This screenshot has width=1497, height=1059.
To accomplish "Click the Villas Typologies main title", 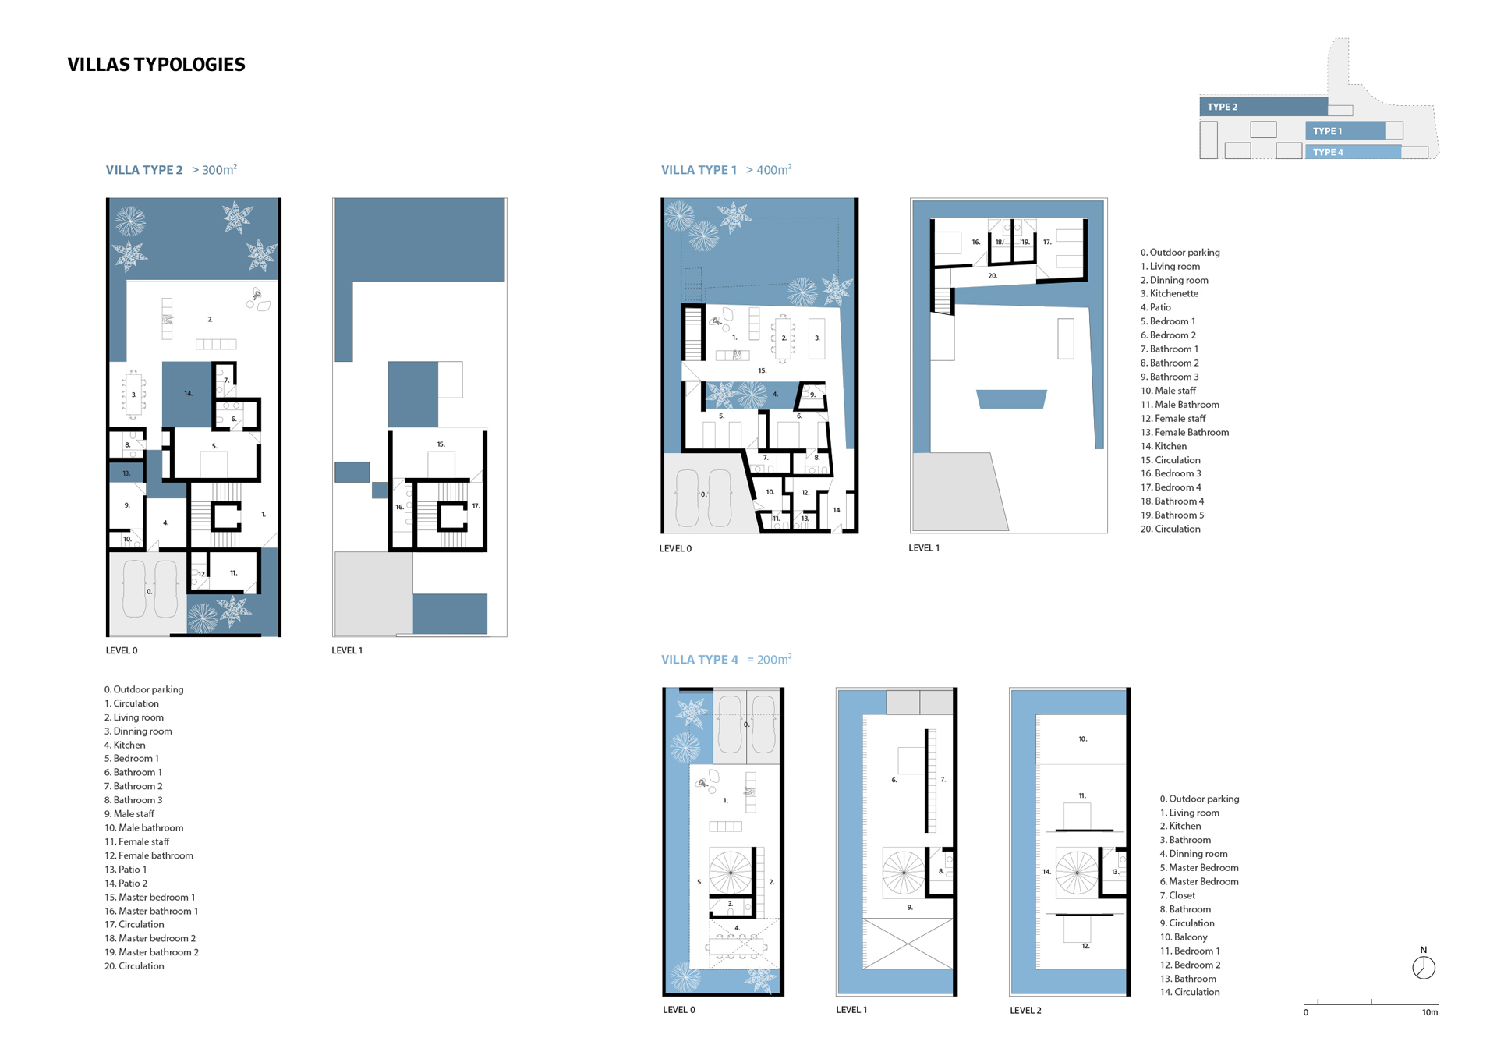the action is click(x=156, y=65).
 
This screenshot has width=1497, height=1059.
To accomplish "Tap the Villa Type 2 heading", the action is click(x=144, y=170).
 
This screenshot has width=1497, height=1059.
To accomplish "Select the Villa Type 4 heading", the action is click(x=699, y=660).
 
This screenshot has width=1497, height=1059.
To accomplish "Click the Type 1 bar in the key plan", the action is click(x=1345, y=131).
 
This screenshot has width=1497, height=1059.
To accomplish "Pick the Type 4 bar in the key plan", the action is click(x=1353, y=152).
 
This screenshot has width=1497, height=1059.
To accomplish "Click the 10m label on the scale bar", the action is click(x=1430, y=1012).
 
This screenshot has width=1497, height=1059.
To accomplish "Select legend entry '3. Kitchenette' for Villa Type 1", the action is click(x=1170, y=294).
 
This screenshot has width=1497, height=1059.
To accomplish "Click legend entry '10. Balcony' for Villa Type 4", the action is click(x=1184, y=937).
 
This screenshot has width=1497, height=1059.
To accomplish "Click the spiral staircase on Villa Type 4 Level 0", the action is click(x=731, y=871).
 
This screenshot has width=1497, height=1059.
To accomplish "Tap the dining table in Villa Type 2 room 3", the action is click(x=134, y=394).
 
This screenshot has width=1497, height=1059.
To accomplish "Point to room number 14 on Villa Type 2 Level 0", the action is click(x=188, y=394).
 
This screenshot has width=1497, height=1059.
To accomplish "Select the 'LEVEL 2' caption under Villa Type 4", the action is click(x=1025, y=1011).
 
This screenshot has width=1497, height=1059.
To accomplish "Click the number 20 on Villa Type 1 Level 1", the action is click(x=993, y=276).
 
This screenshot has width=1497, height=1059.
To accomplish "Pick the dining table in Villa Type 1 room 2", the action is click(x=784, y=338).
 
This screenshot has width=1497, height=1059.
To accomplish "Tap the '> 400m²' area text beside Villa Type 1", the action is click(x=769, y=169).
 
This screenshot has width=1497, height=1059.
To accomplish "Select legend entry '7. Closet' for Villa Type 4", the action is click(x=1177, y=896).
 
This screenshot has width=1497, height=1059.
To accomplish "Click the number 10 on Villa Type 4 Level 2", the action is click(x=1083, y=738).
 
